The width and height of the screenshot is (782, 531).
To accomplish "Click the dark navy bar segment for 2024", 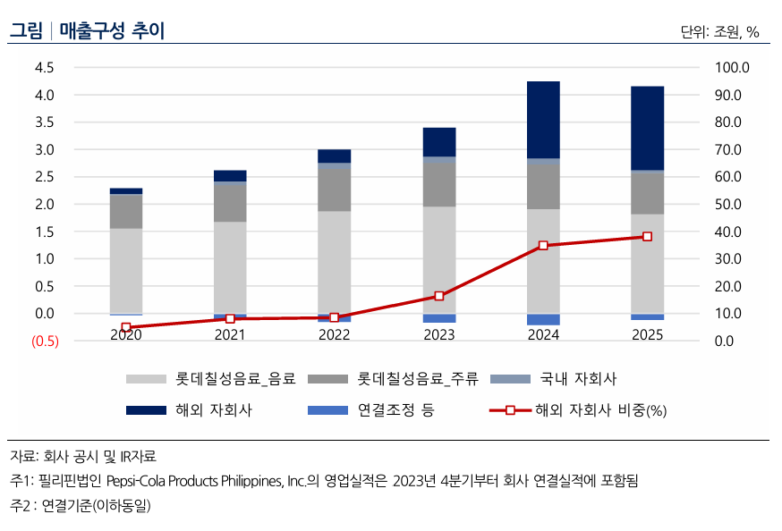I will pyautogui.click(x=543, y=120).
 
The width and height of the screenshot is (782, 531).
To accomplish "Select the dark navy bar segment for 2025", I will pyautogui.click(x=647, y=128).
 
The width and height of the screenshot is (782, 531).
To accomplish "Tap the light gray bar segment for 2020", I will pyautogui.click(x=126, y=270).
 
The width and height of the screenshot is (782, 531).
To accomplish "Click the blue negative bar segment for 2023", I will pyautogui.click(x=438, y=318).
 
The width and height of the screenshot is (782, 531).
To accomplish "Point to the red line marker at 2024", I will pyautogui.click(x=543, y=245).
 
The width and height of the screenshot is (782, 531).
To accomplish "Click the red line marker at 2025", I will pyautogui.click(x=647, y=237).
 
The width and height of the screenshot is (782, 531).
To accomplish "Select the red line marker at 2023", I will pyautogui.click(x=438, y=296).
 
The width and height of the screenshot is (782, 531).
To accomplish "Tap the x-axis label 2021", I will pyautogui.click(x=230, y=334).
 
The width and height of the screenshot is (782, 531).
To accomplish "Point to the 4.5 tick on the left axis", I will pyautogui.click(x=44, y=68).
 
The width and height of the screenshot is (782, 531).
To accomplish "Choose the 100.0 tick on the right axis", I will pyautogui.click(x=734, y=68).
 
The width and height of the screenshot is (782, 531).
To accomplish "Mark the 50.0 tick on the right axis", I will pyautogui.click(x=734, y=205).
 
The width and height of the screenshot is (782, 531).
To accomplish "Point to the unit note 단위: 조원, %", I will pyautogui.click(x=719, y=32).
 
